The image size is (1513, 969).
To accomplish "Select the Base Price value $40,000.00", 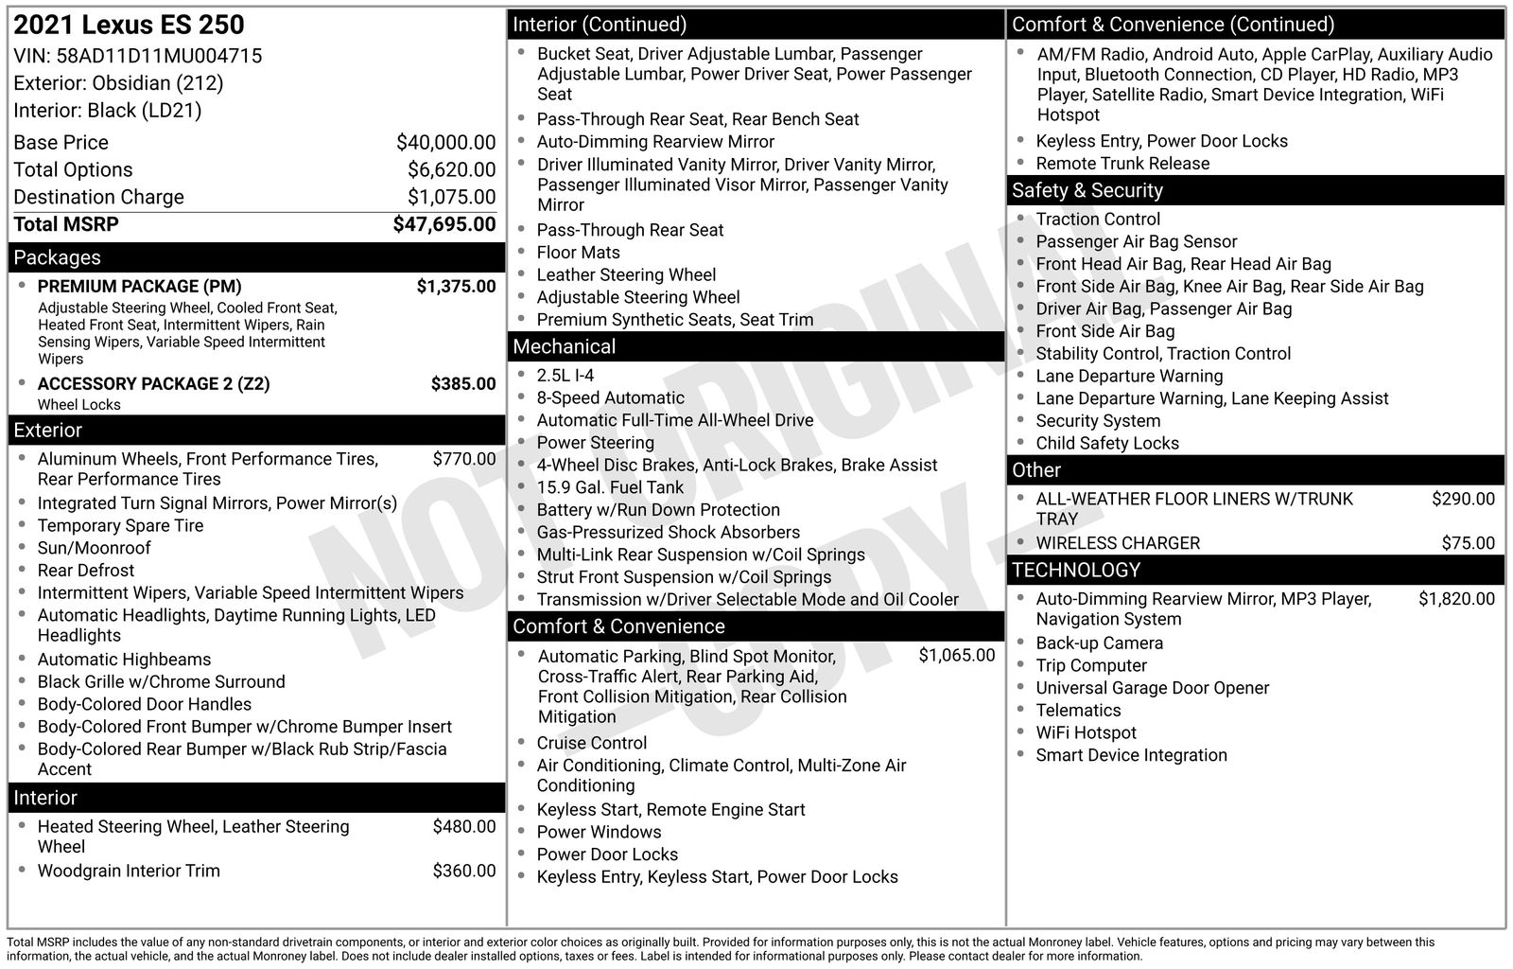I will click(x=445, y=143).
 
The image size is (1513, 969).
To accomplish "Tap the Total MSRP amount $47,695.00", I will click(x=444, y=224).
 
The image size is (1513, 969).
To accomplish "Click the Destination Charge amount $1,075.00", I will click(x=451, y=197).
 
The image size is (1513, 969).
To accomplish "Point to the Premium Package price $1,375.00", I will click(x=456, y=287).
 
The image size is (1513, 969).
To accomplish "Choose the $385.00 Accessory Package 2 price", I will click(x=463, y=384).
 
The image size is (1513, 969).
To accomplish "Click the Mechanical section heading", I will click(x=565, y=347).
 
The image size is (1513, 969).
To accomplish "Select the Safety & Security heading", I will click(x=1087, y=190).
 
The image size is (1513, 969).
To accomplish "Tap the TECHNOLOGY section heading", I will click(x=1076, y=570).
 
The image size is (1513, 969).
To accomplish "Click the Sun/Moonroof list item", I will click(x=95, y=548).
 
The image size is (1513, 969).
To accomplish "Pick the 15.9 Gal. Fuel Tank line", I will click(x=610, y=487).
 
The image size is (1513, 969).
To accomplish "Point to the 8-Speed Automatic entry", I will click(x=610, y=398).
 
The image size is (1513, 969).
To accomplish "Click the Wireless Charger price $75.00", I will click(x=1468, y=543).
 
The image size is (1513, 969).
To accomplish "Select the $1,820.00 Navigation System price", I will click(x=1456, y=599).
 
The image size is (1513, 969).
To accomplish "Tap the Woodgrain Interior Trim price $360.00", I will click(x=463, y=871).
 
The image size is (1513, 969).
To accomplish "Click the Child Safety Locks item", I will click(x=1107, y=443).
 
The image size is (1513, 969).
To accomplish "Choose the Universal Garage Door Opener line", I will click(x=1152, y=688).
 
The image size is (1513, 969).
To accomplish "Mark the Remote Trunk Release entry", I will click(x=1122, y=164).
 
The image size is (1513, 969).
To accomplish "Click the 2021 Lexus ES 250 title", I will click(x=129, y=26).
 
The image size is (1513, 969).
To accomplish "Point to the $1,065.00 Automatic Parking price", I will click(x=956, y=656).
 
